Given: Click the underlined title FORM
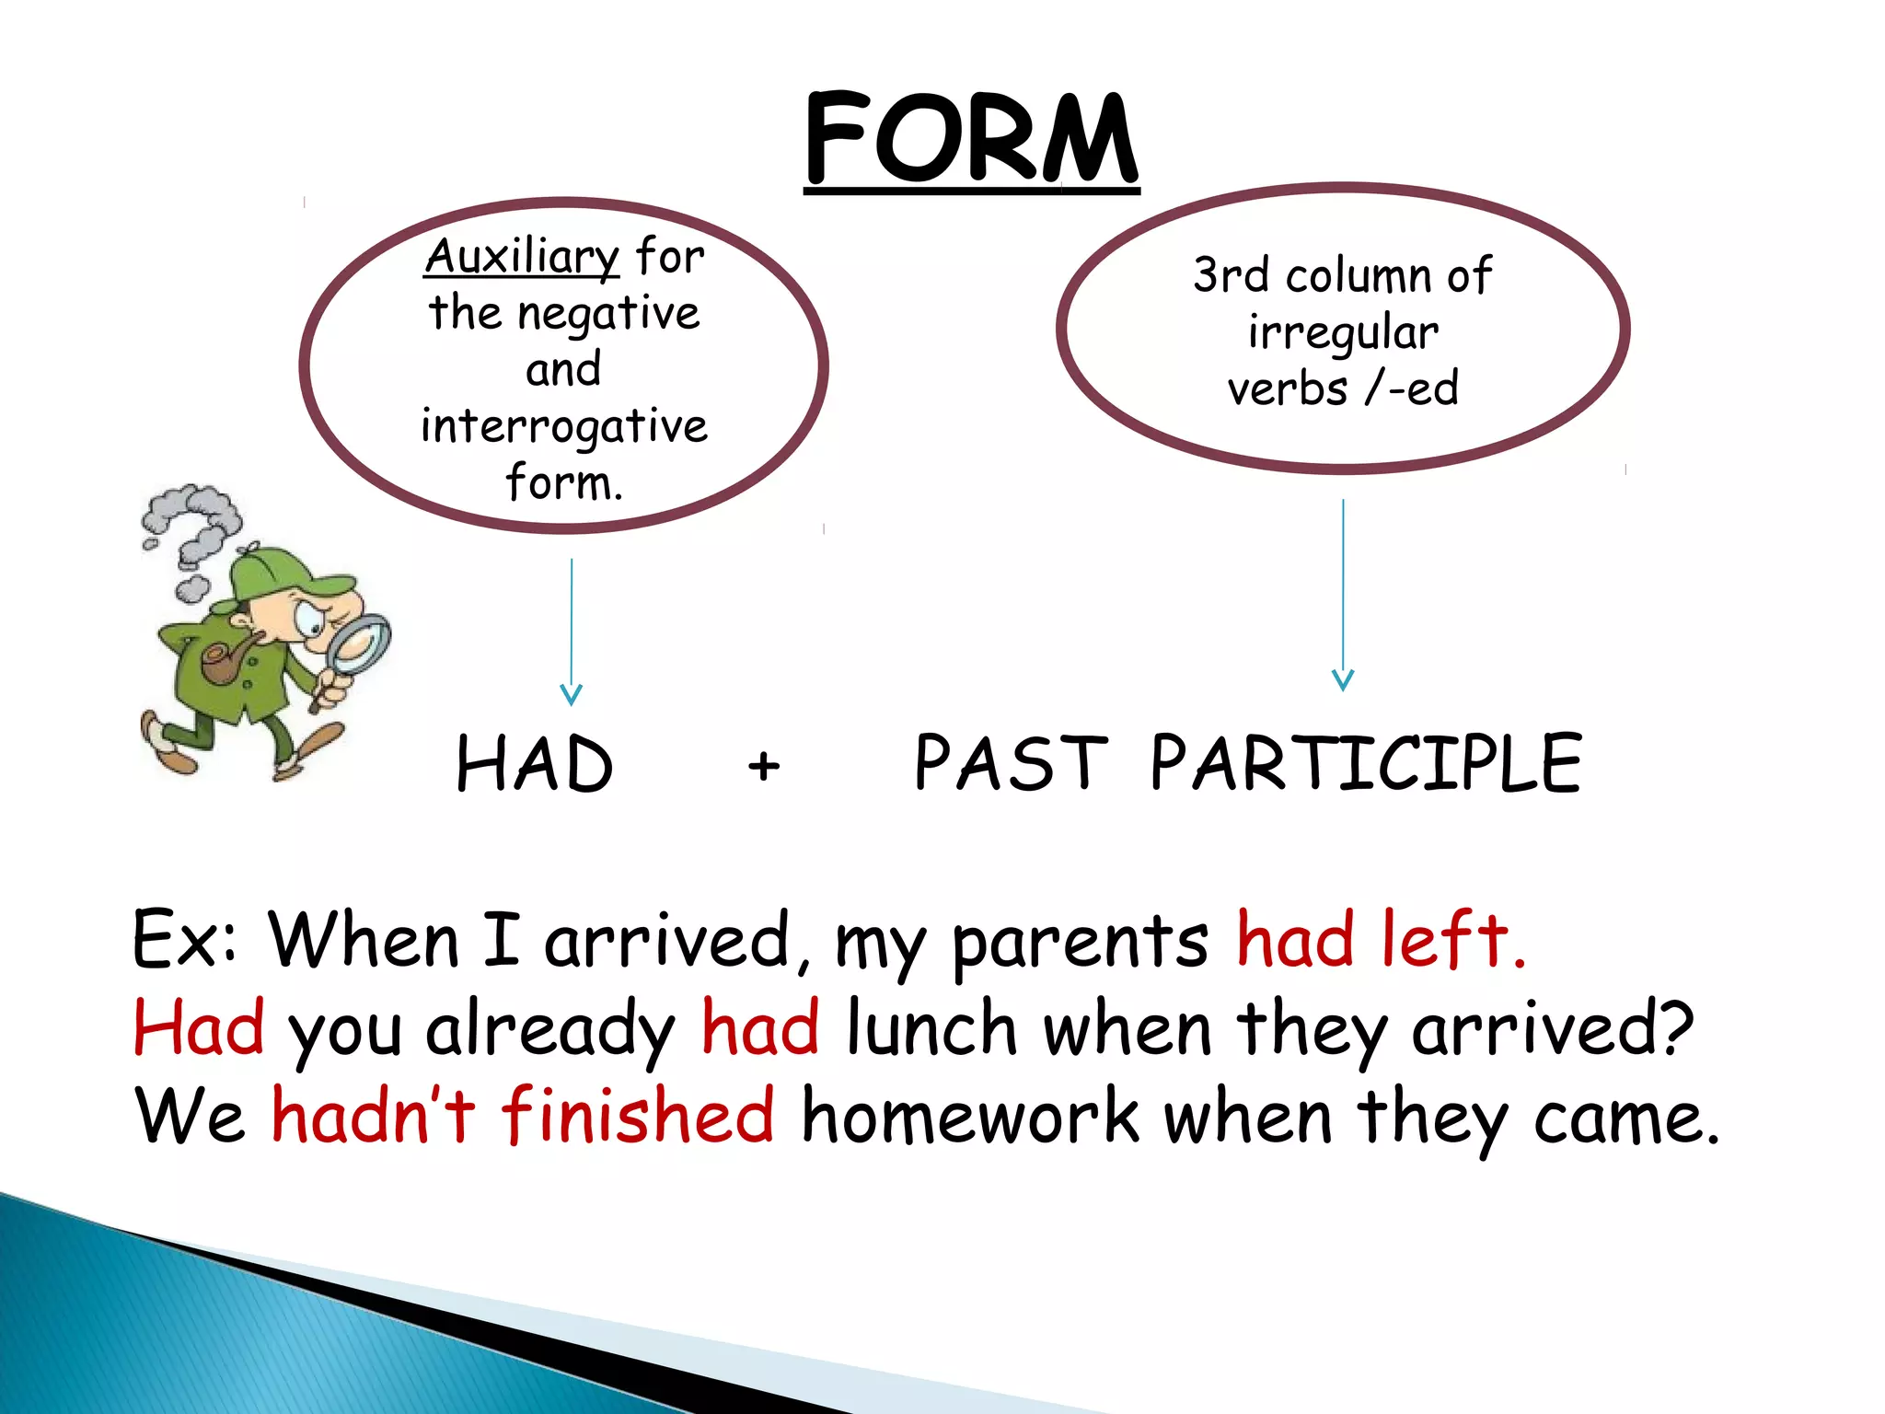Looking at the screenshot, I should (971, 140).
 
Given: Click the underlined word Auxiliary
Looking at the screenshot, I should (522, 256).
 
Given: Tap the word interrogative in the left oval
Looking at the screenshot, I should (564, 427).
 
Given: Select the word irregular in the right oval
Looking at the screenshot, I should (1343, 332).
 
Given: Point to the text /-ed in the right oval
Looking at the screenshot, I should (1413, 388).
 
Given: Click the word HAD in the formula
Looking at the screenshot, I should (535, 764).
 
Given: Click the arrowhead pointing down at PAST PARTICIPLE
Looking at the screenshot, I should (1343, 679).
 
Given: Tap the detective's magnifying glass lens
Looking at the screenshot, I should (361, 641).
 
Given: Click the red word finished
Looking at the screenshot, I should (637, 1116).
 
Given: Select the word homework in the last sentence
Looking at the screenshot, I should (970, 1116).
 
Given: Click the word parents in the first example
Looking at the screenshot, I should (1080, 942).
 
